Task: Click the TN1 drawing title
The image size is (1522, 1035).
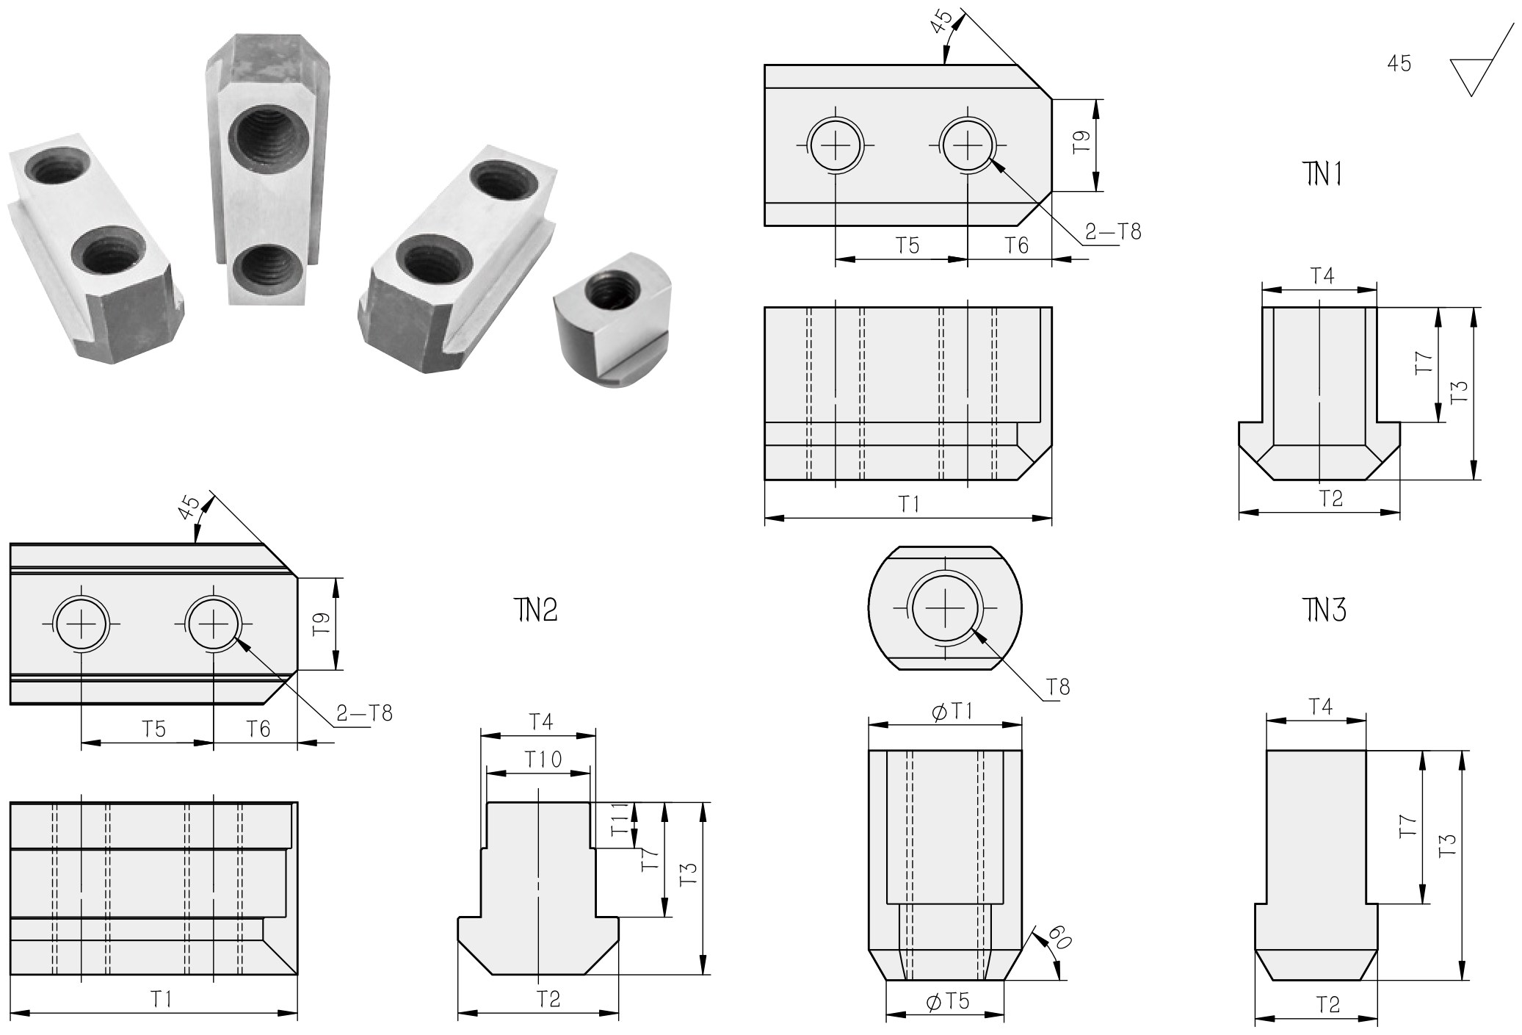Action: [x=1323, y=174]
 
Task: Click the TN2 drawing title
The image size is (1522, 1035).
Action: [x=535, y=610]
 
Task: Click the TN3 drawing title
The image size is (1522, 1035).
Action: [x=1324, y=610]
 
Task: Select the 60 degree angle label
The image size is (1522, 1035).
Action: [x=1059, y=937]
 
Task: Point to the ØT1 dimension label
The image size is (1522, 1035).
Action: [x=952, y=711]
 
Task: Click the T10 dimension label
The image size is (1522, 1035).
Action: [x=543, y=759]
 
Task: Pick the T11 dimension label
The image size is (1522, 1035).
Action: [x=620, y=820]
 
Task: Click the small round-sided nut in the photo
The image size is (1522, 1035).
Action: [x=613, y=316]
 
